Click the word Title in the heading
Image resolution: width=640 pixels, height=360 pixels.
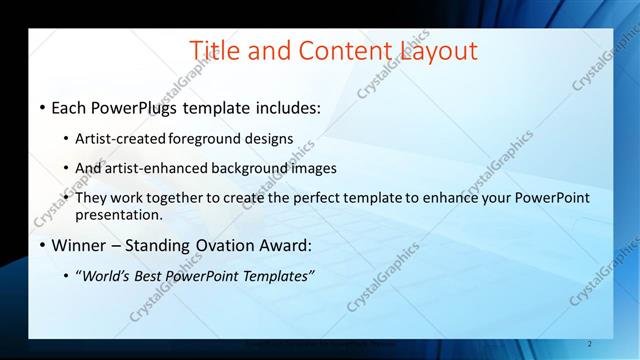(x=213, y=50)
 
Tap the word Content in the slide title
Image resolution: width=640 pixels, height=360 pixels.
(x=332, y=50)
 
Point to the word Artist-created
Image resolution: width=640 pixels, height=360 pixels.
(x=121, y=139)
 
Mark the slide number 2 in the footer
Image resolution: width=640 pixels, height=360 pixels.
(x=590, y=344)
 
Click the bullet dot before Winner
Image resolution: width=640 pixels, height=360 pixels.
(x=42, y=246)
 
